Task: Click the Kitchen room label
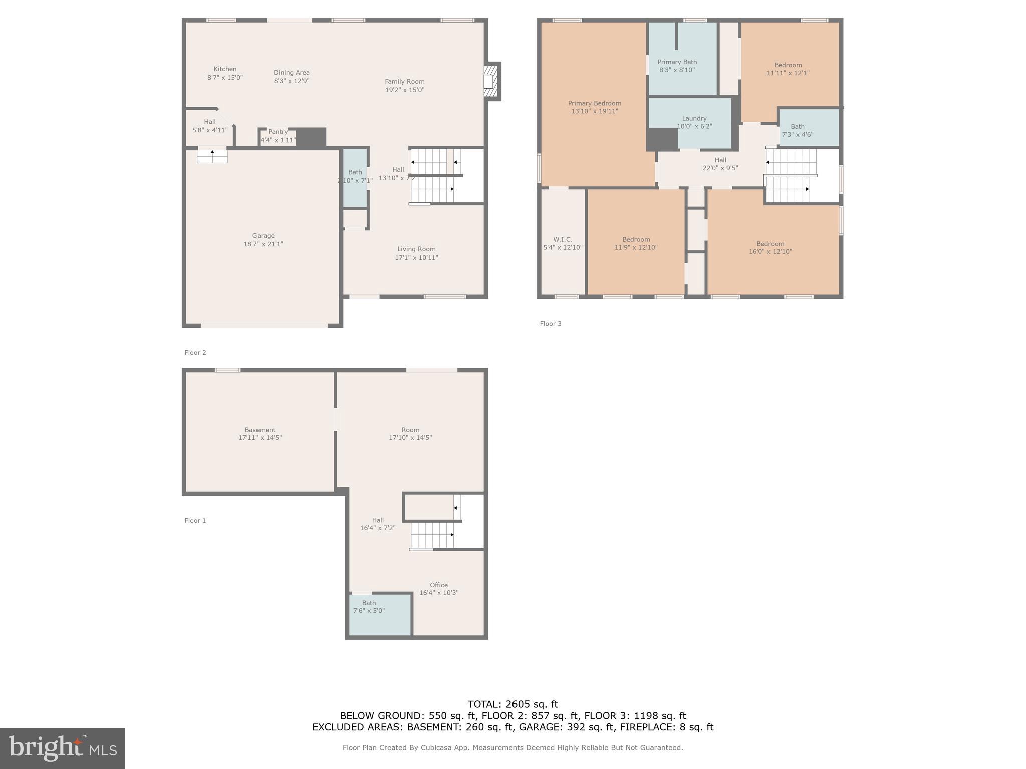(x=225, y=69)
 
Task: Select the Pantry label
(x=278, y=132)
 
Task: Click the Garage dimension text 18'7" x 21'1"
(x=263, y=244)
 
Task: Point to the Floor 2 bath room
(x=355, y=177)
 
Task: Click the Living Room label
(x=416, y=249)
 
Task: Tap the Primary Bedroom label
(x=594, y=104)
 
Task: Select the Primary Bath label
(x=677, y=62)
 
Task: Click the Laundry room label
(x=694, y=119)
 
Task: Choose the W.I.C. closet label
(x=563, y=240)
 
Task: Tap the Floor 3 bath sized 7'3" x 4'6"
(x=797, y=130)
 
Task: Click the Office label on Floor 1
(x=438, y=585)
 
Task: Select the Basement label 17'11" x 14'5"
(x=260, y=434)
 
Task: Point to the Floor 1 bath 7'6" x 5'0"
(x=369, y=607)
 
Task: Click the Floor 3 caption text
(x=550, y=324)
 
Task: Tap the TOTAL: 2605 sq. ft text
(x=512, y=704)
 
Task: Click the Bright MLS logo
(x=62, y=748)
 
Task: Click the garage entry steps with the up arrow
(x=212, y=155)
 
